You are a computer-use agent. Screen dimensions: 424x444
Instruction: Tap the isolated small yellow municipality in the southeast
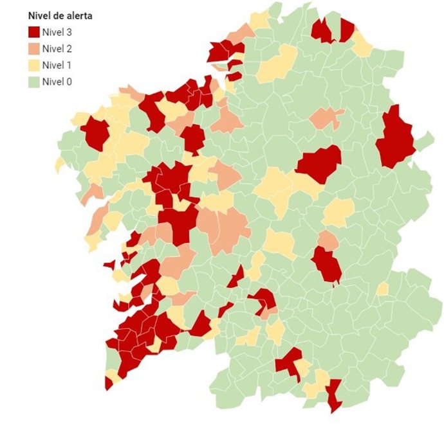point(382,289)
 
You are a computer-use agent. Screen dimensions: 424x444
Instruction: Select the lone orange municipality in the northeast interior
point(326,118)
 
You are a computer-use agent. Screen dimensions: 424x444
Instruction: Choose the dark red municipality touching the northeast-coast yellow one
point(347,30)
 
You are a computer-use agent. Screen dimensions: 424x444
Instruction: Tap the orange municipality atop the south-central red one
point(328,240)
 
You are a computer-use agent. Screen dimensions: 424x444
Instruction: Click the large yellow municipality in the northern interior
point(277,64)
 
